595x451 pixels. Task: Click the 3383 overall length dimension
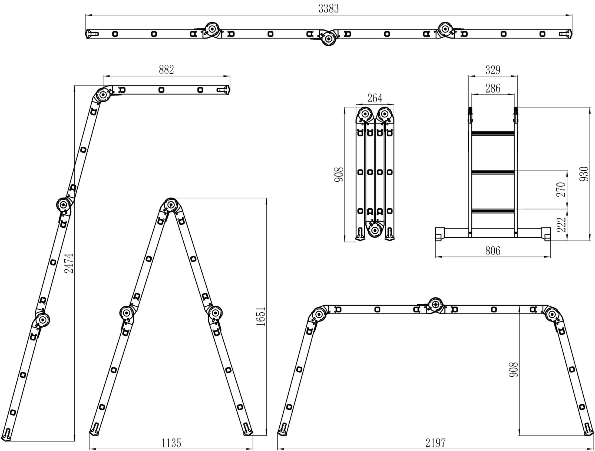[x=328, y=9]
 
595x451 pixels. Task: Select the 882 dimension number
[x=166, y=70]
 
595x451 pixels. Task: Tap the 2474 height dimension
[x=70, y=263]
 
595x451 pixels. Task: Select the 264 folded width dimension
[x=375, y=98]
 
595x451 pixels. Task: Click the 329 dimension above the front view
[x=493, y=70]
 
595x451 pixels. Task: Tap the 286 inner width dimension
[x=493, y=88]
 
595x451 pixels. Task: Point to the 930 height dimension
[x=584, y=174]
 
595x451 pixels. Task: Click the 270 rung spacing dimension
[x=561, y=189]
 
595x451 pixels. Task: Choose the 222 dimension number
[x=561, y=225]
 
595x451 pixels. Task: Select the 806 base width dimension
[x=493, y=251]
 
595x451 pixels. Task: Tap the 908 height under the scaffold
[x=513, y=370]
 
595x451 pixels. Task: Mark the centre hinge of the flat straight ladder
[x=328, y=38]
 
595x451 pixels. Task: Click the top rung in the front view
[x=493, y=133]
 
